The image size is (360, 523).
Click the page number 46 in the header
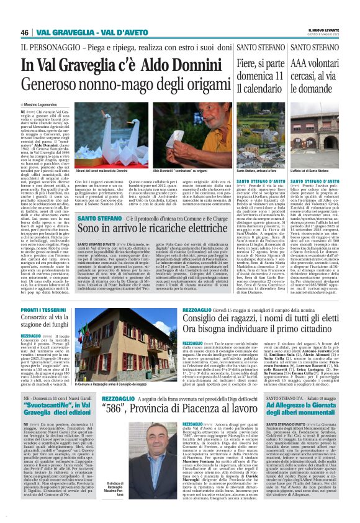25,32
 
